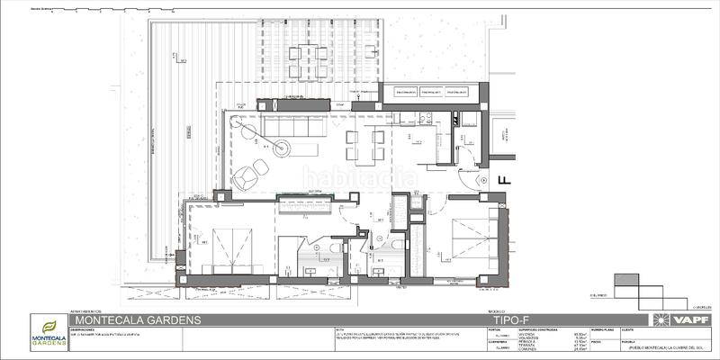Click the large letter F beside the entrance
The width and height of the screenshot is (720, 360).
click(505, 179)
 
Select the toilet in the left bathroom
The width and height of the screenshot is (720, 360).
click(334, 249)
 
